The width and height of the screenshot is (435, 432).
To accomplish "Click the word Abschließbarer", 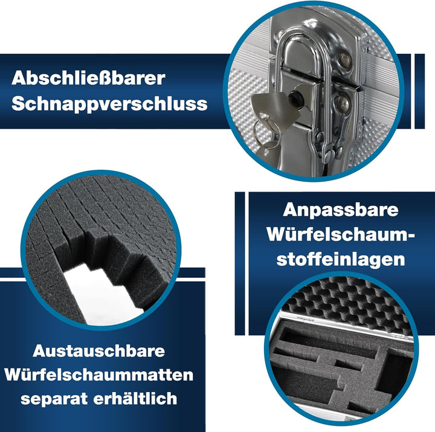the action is click(88, 78).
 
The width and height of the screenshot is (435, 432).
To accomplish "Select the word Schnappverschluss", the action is click(109, 105).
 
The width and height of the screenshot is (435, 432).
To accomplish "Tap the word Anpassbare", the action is click(341, 210).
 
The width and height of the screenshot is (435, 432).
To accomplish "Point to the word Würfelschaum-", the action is click(341, 234).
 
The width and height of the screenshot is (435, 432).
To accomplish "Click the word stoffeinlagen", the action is click(341, 259).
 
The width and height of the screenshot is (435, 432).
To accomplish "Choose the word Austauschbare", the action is click(98, 351).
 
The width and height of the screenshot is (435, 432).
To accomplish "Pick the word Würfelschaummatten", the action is click(98, 375).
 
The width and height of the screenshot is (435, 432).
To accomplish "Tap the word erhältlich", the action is click(135, 399).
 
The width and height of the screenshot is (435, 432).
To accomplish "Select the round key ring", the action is click(266, 132).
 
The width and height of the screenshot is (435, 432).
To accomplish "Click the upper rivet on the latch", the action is click(344, 60).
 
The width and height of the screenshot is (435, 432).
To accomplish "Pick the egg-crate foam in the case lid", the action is click(347, 303).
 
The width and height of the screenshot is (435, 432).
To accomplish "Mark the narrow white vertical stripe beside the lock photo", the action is click(413, 91).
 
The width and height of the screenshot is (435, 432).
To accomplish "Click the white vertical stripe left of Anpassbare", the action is click(246, 263).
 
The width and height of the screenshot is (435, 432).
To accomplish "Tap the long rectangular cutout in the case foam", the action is click(327, 343).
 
